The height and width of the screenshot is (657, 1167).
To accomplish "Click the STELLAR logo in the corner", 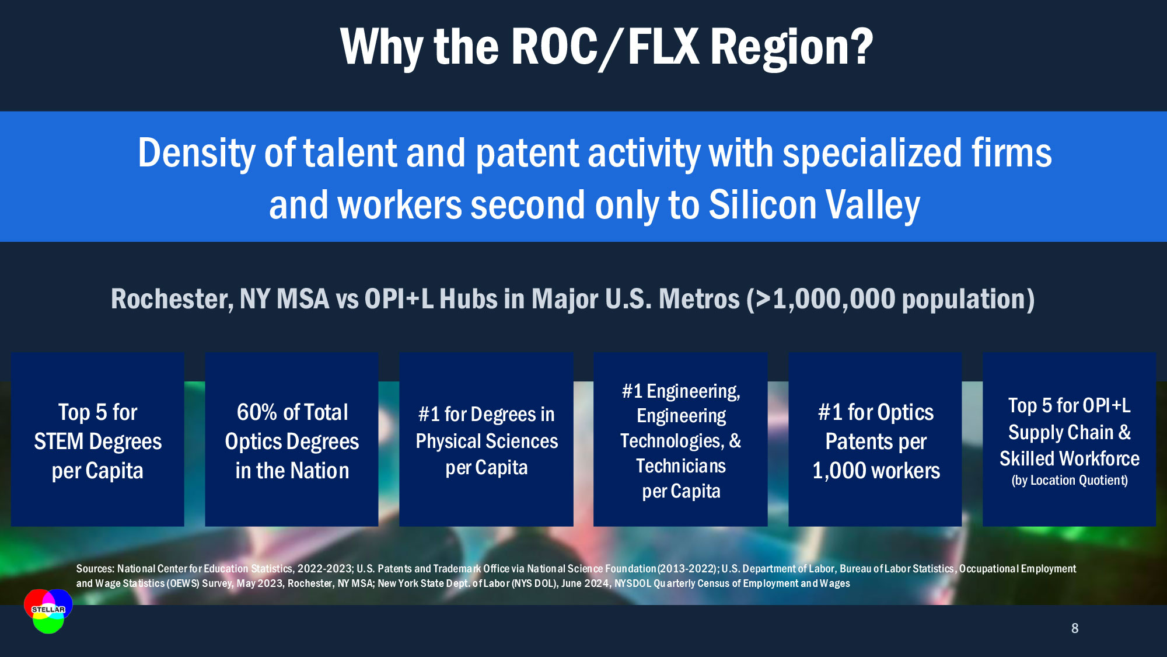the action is (48, 611).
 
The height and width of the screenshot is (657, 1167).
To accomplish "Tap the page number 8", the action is (1075, 628).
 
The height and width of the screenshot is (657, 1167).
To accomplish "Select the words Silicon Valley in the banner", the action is (815, 205).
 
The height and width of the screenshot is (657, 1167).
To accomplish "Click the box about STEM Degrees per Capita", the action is (97, 439).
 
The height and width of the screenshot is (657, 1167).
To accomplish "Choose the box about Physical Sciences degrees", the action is (486, 439).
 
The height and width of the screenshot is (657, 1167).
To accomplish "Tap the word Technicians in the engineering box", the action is (681, 466).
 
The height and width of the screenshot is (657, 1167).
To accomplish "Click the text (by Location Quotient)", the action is (1070, 480).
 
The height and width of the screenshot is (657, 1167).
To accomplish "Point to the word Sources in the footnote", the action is (95, 569).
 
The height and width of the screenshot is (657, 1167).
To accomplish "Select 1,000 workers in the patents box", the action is (876, 471).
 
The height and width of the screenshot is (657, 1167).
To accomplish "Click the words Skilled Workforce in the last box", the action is (1070, 458).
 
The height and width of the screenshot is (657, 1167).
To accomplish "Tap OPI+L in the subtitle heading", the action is (399, 299).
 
